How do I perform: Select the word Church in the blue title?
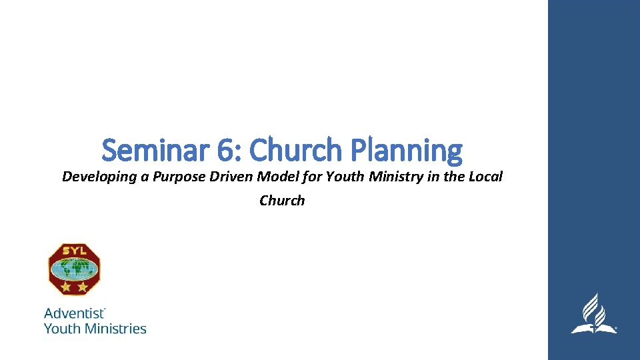click(x=294, y=150)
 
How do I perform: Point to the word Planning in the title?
click(x=405, y=150)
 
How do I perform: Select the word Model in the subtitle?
click(x=261, y=177)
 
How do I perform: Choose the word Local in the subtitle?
click(x=484, y=177)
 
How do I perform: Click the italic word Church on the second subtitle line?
click(x=282, y=201)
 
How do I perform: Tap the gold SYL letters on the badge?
click(x=74, y=251)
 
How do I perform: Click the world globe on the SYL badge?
click(x=74, y=269)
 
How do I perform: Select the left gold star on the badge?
click(x=66, y=287)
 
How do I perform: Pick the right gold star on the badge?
click(x=82, y=287)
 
